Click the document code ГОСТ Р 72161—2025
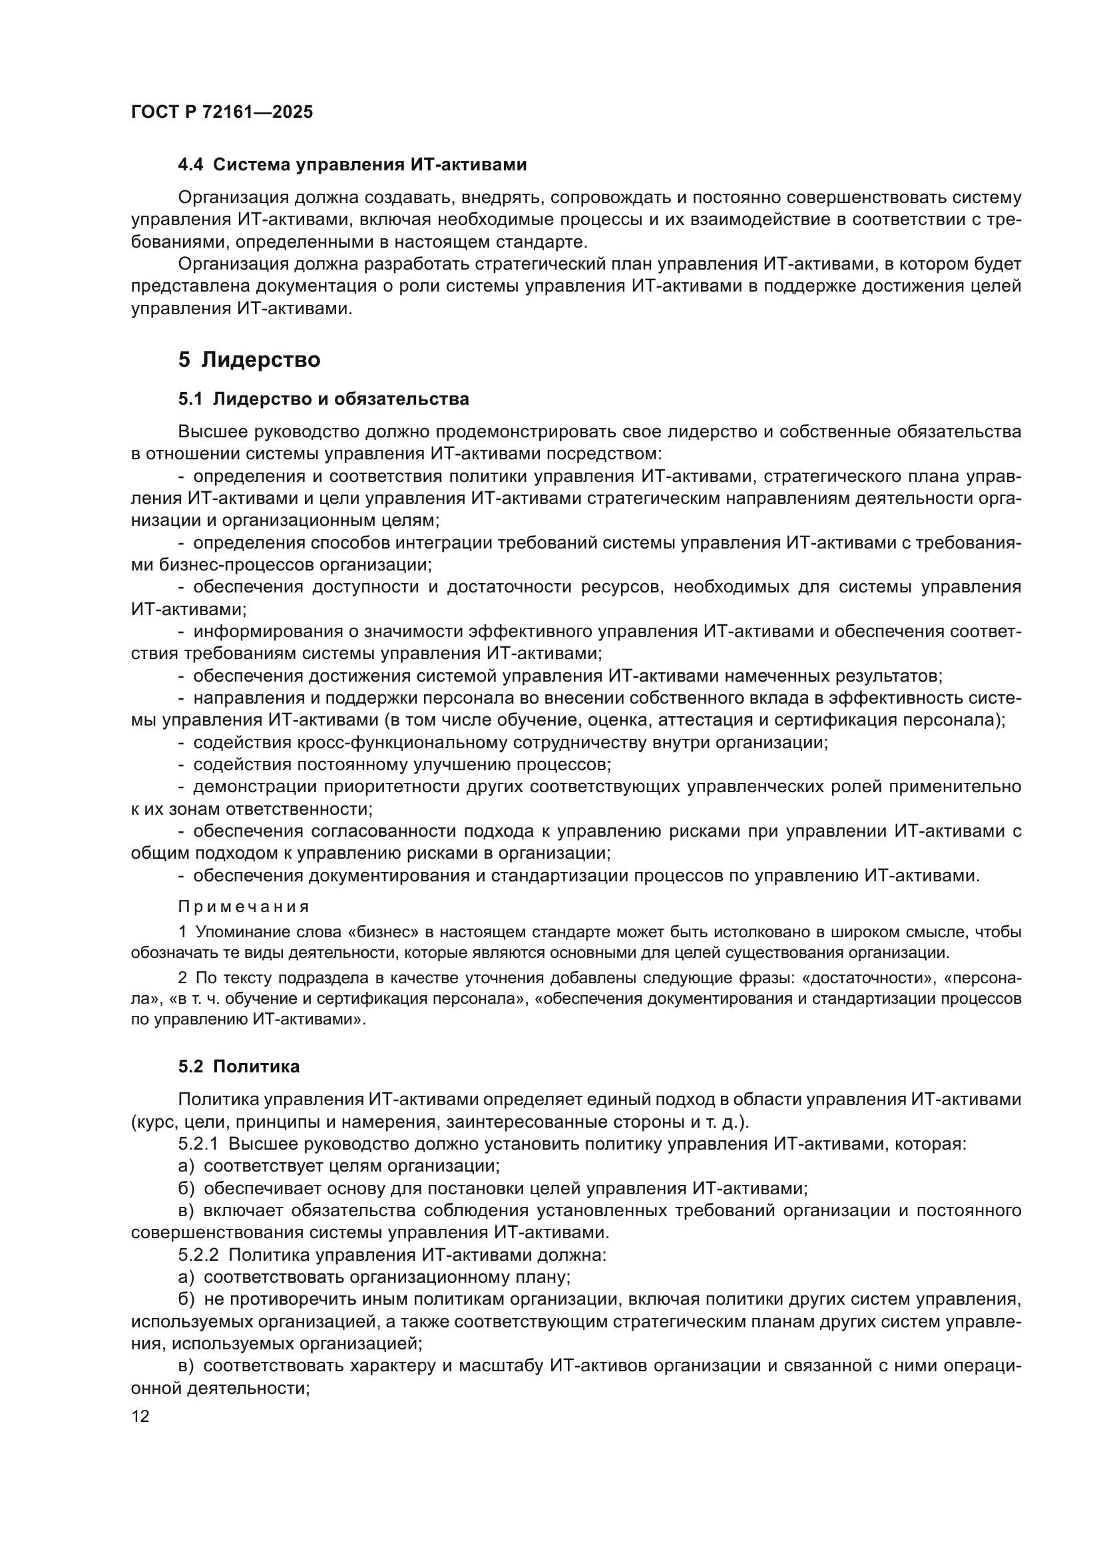pos(222,112)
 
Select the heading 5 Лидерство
pos(249,359)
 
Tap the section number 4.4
pos(191,165)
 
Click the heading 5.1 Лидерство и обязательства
pos(324,399)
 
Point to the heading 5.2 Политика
pos(239,1066)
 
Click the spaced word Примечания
pos(244,907)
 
